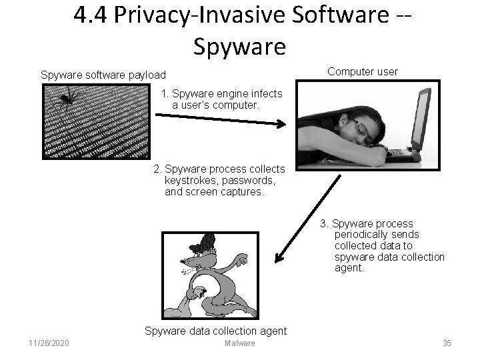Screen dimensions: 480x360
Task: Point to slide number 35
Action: pyautogui.click(x=447, y=343)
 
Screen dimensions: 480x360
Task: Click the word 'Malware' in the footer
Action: pyautogui.click(x=239, y=343)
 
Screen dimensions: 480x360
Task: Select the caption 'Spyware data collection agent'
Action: pyautogui.click(x=215, y=331)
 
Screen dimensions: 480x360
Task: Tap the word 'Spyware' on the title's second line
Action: pyautogui.click(x=239, y=46)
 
